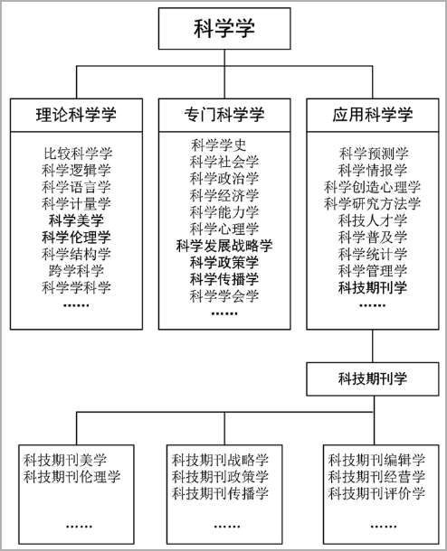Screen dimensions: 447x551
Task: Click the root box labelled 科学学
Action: click(224, 29)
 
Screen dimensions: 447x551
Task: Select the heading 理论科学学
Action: click(76, 115)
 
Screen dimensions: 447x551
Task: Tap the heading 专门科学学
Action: click(224, 115)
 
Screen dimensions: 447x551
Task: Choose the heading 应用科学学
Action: click(373, 115)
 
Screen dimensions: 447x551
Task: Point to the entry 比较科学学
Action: click(78, 154)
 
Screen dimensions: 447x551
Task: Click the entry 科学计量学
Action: click(76, 204)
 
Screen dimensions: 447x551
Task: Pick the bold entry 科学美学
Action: click(76, 220)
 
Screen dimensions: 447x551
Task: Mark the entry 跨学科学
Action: click(76, 271)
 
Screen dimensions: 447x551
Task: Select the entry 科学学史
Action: click(218, 145)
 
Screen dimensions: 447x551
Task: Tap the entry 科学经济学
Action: click(224, 195)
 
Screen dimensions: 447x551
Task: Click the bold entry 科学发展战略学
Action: click(224, 246)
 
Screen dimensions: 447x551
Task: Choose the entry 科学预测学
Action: click(373, 154)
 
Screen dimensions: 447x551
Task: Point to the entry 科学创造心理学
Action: click(373, 187)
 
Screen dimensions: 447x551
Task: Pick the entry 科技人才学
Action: click(373, 220)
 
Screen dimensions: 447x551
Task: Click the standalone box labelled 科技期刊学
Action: click(373, 379)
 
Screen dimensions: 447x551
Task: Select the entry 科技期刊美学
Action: click(65, 460)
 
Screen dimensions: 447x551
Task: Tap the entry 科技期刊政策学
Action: click(220, 477)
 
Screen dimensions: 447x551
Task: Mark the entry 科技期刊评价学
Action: click(376, 494)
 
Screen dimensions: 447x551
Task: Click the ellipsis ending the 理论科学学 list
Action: click(76, 305)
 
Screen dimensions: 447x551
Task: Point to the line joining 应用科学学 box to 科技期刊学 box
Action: click(373, 346)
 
